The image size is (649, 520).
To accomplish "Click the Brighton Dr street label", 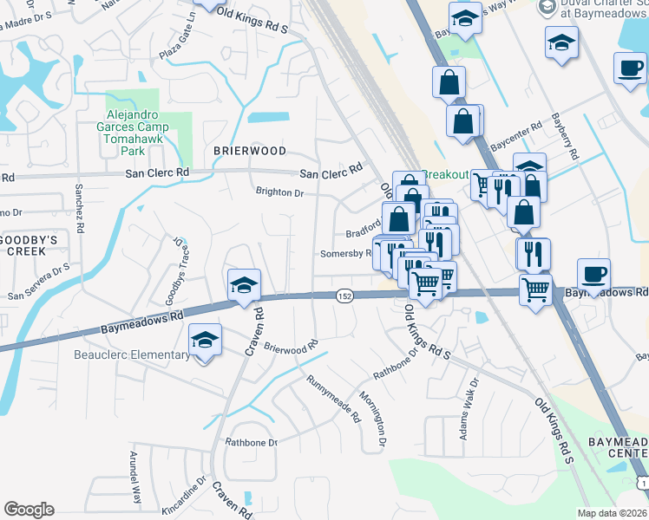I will pyautogui.click(x=279, y=193).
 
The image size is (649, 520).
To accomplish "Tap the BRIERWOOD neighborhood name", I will pyautogui.click(x=250, y=150).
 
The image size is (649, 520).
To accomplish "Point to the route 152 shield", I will pyautogui.click(x=344, y=296).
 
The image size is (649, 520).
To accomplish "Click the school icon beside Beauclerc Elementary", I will pyautogui.click(x=205, y=341).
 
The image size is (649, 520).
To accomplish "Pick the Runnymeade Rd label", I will pyautogui.click(x=333, y=399).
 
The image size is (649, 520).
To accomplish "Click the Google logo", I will pyautogui.click(x=29, y=509).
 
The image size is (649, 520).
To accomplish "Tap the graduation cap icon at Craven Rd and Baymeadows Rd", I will pyautogui.click(x=245, y=284).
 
